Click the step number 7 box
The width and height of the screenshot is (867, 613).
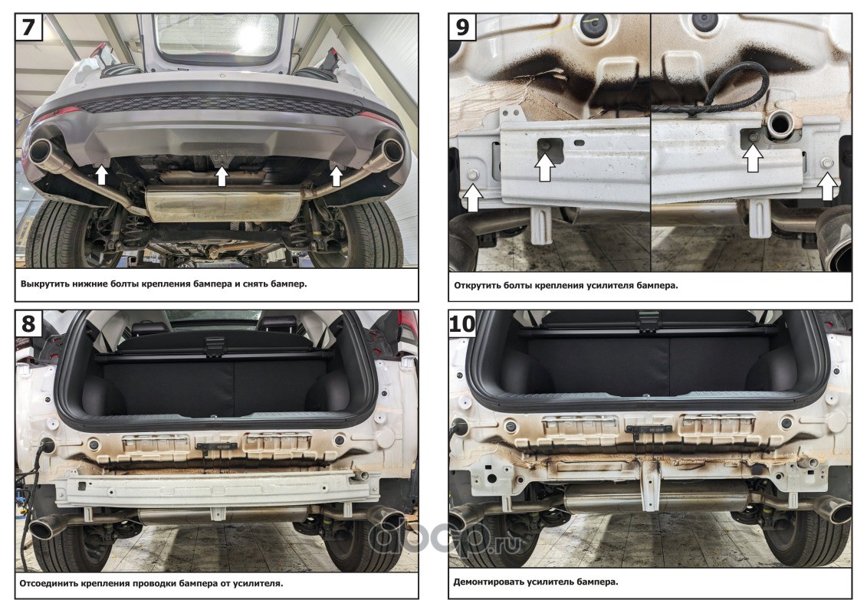click(29, 27)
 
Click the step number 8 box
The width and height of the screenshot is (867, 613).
click(29, 323)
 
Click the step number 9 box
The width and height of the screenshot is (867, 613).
click(462, 27)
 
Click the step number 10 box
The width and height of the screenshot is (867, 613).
click(462, 323)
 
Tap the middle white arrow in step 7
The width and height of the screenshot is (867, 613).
click(222, 175)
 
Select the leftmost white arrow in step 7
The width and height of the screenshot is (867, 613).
click(101, 175)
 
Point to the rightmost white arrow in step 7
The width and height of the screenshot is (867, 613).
click(336, 175)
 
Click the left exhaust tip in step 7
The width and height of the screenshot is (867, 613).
click(41, 151)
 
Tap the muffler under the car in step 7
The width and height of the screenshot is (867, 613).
click(222, 205)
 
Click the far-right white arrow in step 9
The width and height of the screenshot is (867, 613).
click(827, 186)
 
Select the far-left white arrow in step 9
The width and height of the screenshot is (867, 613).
click(471, 198)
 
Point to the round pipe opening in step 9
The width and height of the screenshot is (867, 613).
click(779, 123)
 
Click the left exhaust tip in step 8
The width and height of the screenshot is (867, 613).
click(44, 526)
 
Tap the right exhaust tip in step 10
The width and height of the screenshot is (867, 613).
click(835, 510)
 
